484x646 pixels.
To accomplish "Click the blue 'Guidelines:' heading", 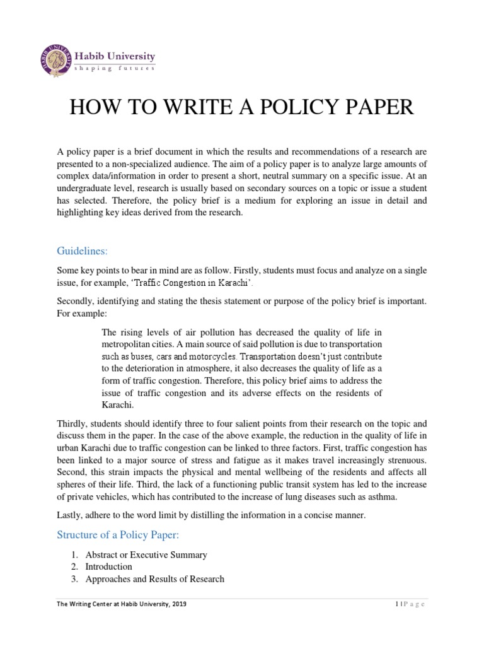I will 80,251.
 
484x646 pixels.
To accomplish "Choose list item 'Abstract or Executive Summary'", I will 146,555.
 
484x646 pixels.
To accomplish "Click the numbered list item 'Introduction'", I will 109,567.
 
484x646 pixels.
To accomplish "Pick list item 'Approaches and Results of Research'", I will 155,579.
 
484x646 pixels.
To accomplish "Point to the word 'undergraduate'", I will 85,188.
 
